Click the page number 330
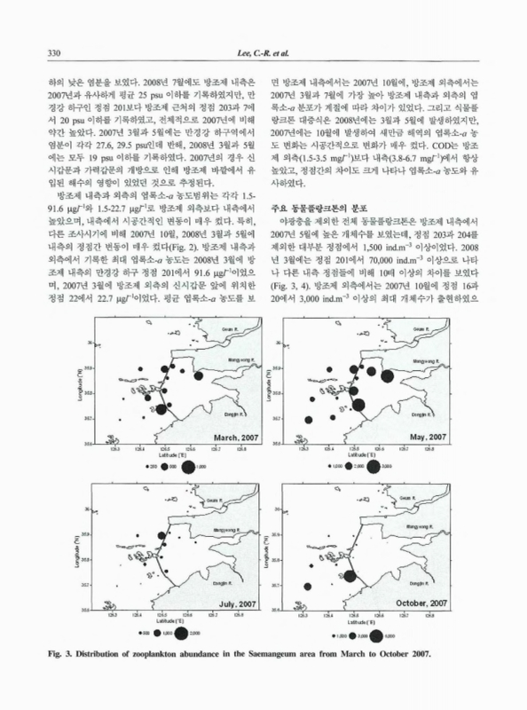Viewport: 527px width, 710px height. (x=53, y=52)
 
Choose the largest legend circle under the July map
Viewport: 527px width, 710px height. (x=183, y=633)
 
